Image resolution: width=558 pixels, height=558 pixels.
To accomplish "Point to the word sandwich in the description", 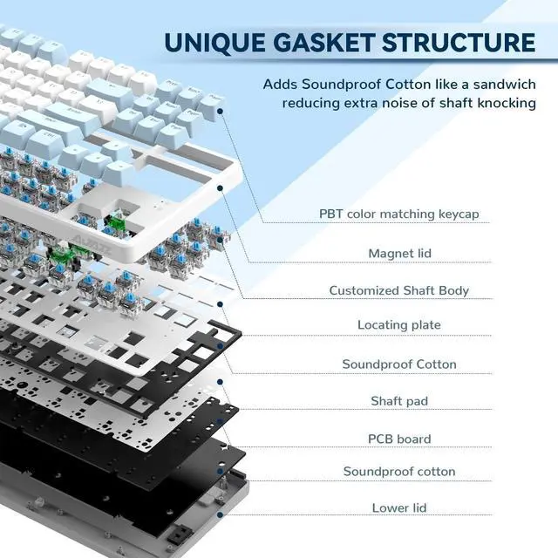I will click(505, 85).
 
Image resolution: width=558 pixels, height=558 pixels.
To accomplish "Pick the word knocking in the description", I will click(507, 103).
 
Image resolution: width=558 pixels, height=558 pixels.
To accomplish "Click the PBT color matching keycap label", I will click(399, 214).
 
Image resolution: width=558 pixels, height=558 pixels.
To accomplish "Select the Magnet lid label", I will click(399, 253).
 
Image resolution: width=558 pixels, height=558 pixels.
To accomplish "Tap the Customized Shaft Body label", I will click(399, 290).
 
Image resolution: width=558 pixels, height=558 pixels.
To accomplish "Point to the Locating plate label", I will click(399, 325).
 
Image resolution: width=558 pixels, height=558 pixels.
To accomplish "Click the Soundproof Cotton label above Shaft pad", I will click(399, 364).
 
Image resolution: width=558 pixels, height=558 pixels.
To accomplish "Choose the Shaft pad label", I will click(399, 401).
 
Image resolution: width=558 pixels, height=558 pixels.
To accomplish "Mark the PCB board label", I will click(399, 439).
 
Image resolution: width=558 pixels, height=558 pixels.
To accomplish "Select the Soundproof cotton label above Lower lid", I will click(399, 472).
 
